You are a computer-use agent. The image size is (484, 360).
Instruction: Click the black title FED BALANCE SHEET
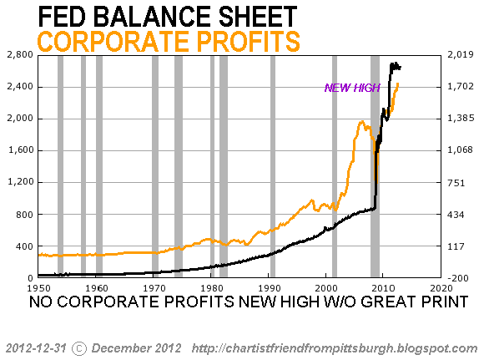point(168,17)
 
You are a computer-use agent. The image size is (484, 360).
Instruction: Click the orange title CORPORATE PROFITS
point(169,42)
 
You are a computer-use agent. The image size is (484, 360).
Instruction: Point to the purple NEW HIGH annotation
point(352,88)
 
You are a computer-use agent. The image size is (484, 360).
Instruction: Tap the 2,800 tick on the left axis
point(20,54)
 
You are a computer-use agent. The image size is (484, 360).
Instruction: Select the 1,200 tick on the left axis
point(20,182)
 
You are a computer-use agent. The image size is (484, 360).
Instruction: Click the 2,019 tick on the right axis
point(461,54)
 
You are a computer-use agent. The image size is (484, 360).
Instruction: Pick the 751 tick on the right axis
point(456,183)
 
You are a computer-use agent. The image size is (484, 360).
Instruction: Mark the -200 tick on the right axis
point(458,278)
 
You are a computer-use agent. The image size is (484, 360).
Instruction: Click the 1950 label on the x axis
point(39,288)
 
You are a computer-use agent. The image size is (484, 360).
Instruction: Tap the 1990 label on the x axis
point(270,288)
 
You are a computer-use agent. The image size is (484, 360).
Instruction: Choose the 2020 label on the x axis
point(441,288)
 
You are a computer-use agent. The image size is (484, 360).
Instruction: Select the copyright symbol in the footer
point(79,348)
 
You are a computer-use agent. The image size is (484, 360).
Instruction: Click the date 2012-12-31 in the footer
point(36,348)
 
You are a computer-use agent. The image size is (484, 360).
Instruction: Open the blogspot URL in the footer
point(335,348)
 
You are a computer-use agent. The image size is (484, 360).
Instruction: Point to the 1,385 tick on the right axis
point(461,118)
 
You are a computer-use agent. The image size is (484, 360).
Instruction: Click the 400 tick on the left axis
point(25,246)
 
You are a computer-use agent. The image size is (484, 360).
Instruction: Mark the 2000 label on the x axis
point(326,288)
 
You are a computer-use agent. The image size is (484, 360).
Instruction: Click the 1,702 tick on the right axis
point(461,86)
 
